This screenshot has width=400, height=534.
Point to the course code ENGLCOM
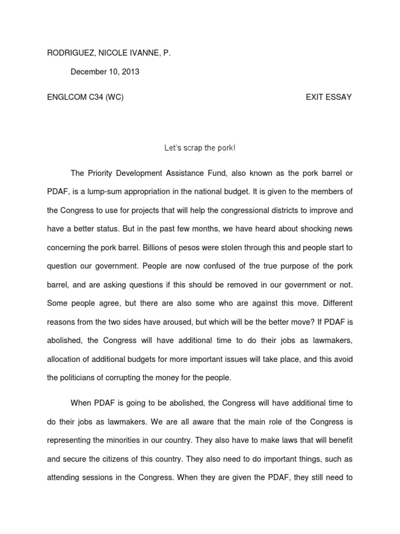pyautogui.click(x=64, y=98)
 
